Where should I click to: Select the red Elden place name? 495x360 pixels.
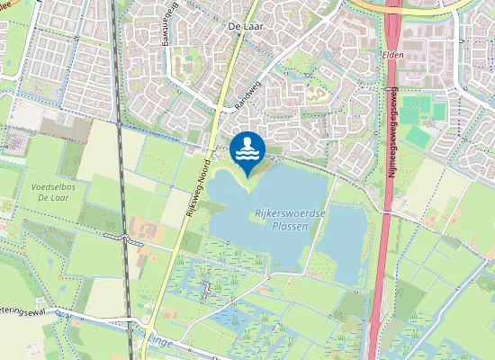(x=393, y=54)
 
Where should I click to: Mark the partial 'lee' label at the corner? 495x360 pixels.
(x=8, y=4)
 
